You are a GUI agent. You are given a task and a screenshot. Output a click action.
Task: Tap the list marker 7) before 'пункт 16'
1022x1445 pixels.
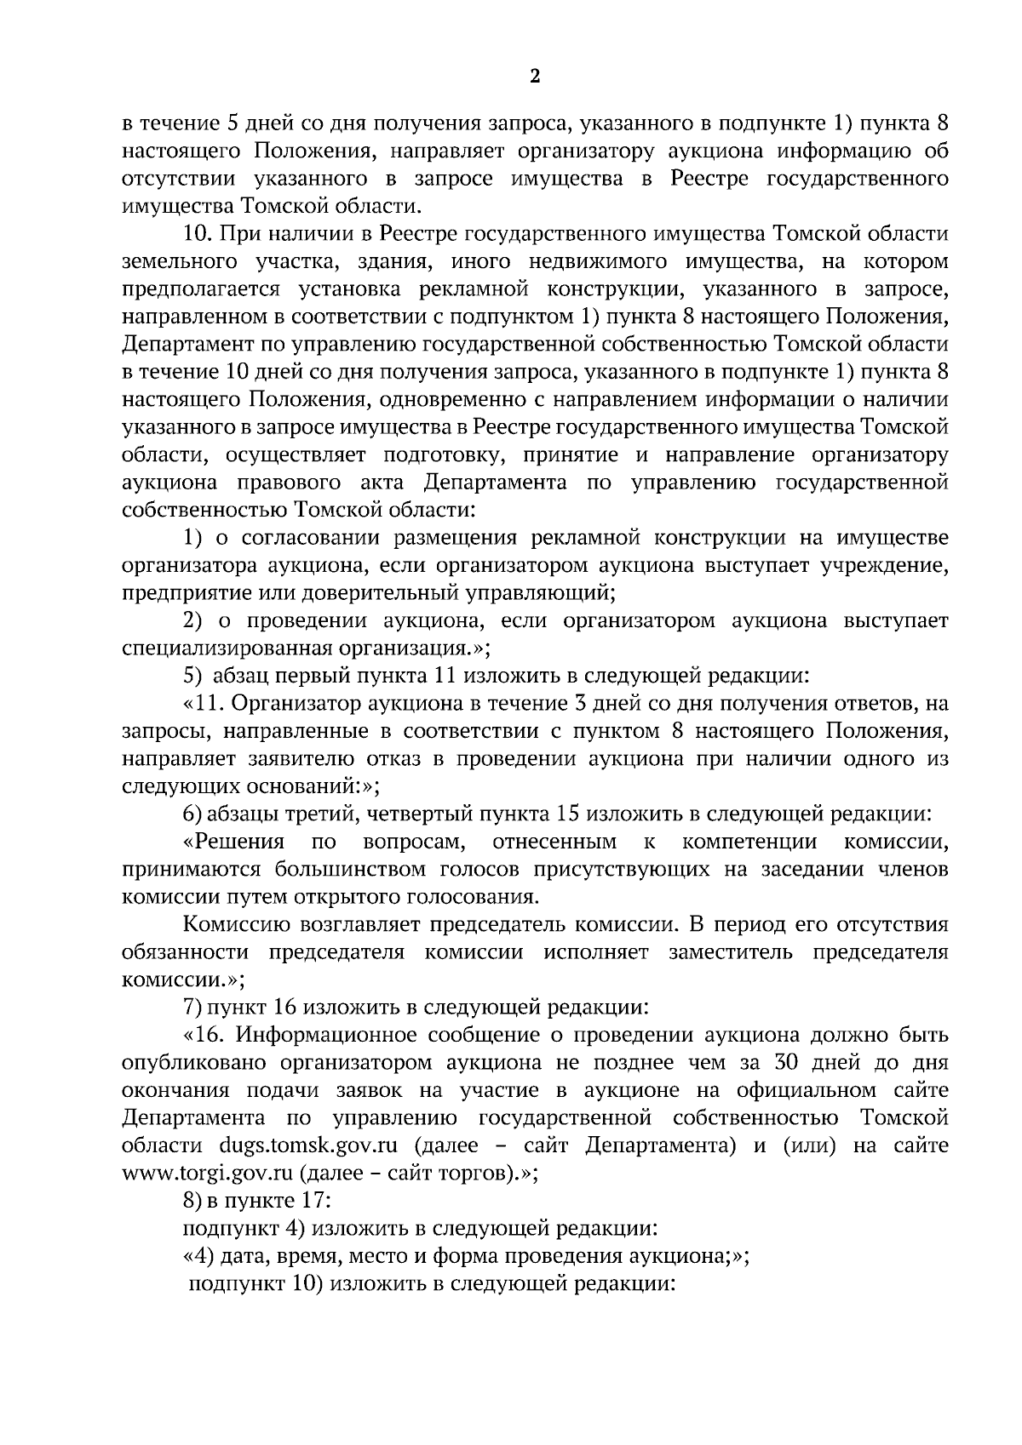click(192, 1008)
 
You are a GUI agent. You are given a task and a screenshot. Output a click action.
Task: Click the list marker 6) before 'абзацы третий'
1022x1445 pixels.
click(192, 814)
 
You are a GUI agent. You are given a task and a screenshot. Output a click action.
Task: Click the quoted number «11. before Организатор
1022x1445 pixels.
click(203, 704)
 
